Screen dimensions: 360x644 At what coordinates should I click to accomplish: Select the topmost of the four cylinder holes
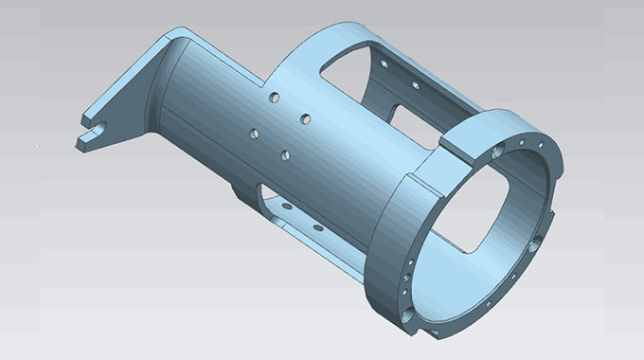tap(274, 97)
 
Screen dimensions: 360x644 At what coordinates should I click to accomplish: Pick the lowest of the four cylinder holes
tap(285, 153)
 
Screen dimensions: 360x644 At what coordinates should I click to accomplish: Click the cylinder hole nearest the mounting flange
tap(252, 132)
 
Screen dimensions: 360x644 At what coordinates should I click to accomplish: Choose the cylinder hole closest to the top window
tap(307, 119)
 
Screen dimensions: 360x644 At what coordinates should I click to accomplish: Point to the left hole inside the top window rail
tap(383, 63)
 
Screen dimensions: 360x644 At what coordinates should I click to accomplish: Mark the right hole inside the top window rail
tap(414, 84)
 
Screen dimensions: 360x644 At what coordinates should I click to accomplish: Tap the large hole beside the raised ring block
tap(498, 151)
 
